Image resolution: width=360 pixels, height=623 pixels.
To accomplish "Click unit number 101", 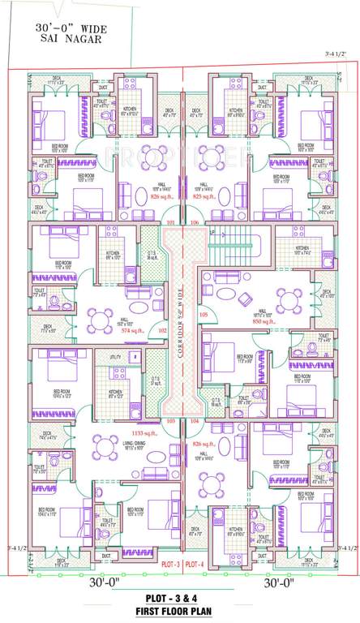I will pyautogui.click(x=170, y=221).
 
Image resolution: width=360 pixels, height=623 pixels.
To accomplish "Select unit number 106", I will pyautogui.click(x=194, y=221).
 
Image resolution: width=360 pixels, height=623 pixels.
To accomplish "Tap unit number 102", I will pyautogui.click(x=161, y=331).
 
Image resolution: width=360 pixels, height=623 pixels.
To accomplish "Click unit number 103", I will pyautogui.click(x=170, y=422).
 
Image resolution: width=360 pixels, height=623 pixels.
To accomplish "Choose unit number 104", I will pyautogui.click(x=194, y=422).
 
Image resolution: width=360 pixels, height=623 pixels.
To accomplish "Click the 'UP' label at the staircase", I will pyautogui.click(x=212, y=233).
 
